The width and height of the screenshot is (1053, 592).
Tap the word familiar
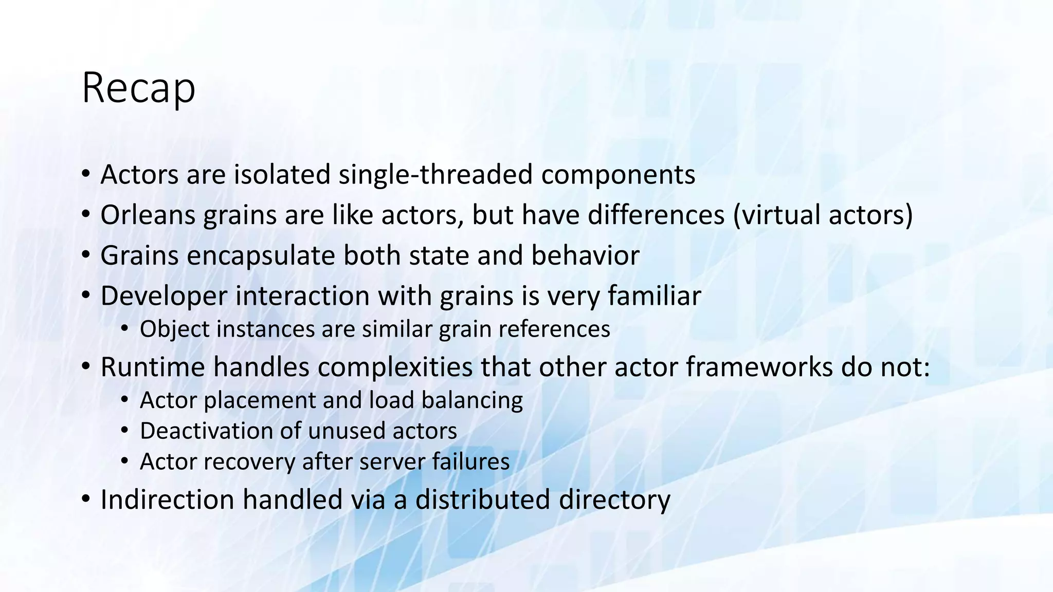654,296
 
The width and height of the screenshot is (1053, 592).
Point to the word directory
614,500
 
